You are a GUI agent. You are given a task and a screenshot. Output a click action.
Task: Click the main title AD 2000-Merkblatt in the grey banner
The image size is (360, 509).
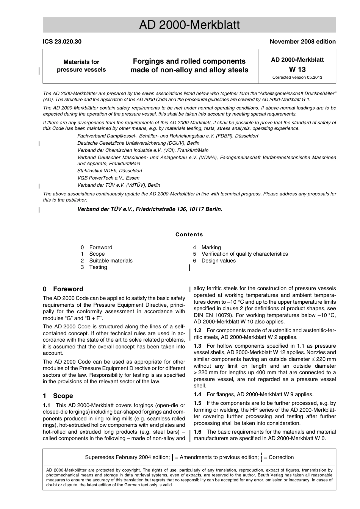[189, 25]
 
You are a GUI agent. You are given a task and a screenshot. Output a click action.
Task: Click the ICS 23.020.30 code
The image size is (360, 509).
[62, 42]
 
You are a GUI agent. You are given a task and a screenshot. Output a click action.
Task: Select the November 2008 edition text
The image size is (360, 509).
[302, 42]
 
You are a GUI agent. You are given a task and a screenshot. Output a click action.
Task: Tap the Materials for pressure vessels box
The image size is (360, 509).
[81, 66]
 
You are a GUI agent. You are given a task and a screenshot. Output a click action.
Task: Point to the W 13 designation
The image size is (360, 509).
[297, 69]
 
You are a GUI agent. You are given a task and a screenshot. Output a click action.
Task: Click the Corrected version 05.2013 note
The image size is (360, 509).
[297, 77]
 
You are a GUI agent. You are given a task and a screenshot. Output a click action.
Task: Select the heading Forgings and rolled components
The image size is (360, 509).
[189, 61]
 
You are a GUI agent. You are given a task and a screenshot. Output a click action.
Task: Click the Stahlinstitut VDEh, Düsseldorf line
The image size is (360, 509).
[110, 171]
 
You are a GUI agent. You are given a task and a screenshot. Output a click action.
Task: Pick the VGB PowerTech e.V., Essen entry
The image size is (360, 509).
[108, 178]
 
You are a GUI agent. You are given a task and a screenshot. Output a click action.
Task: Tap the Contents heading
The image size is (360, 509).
[189, 234]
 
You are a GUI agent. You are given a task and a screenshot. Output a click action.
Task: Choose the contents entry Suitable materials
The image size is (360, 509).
[111, 261]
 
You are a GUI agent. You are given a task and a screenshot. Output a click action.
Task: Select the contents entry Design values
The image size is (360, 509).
[218, 261]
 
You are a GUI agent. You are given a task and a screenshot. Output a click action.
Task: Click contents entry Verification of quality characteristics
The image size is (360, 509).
[244, 254]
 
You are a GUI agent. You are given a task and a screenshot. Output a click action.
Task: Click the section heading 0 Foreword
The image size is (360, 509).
[63, 289]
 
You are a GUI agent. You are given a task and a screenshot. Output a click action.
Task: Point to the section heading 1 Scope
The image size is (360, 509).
[58, 396]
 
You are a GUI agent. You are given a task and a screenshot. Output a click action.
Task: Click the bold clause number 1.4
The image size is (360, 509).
[197, 394]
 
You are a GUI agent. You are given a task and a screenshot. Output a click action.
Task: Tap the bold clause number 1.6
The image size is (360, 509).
[197, 432]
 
